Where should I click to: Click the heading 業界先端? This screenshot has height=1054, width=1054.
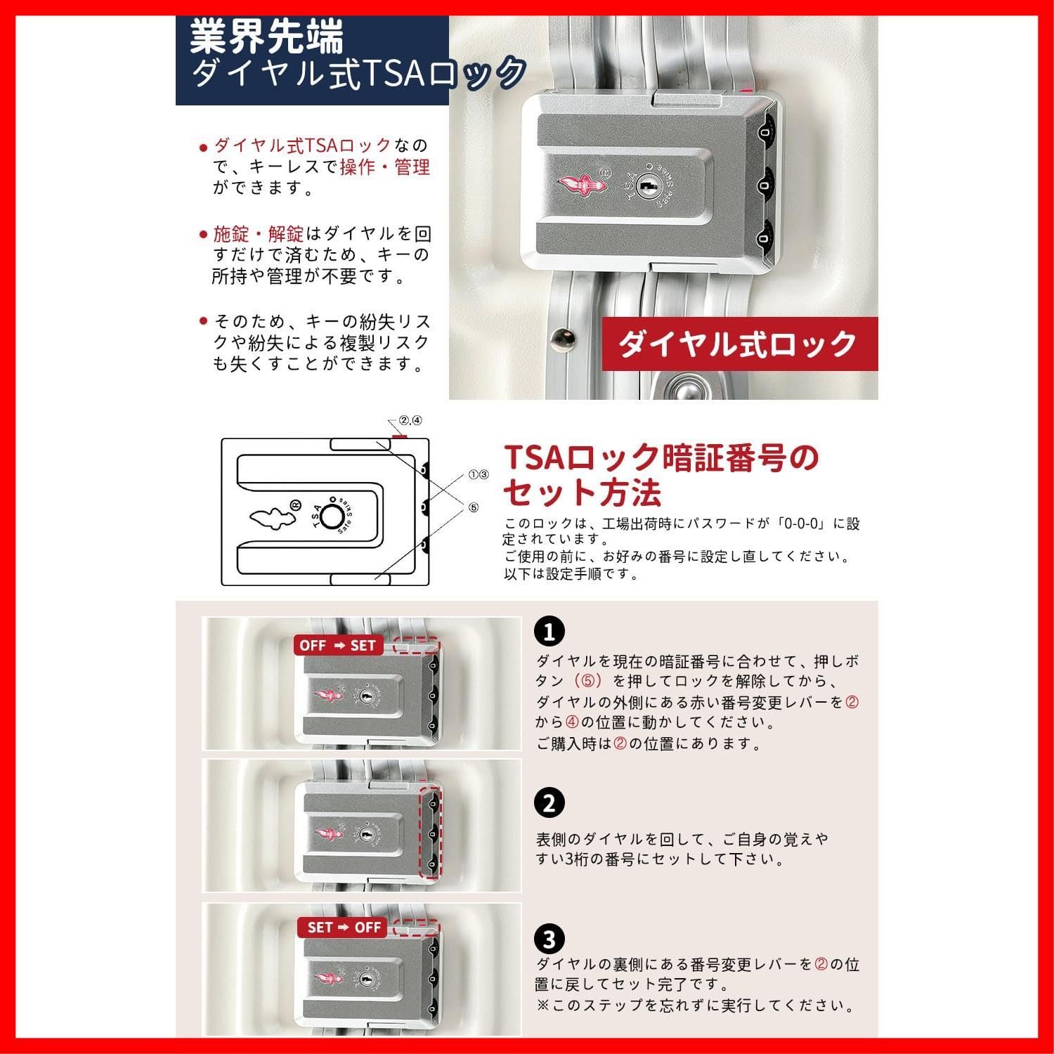[266, 37]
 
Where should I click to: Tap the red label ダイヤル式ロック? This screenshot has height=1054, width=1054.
[739, 344]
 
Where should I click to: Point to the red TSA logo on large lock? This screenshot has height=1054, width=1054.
[578, 185]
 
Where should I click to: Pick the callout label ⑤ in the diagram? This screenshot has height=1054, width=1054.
[473, 507]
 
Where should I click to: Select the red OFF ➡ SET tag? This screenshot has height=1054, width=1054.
[338, 645]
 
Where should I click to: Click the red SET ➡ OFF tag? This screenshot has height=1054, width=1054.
[343, 927]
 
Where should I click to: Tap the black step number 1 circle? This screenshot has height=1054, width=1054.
[549, 631]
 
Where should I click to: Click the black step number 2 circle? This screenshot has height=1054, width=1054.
[549, 803]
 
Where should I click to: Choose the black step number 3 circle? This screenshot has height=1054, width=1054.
[549, 939]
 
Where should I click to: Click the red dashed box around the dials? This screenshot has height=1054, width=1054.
[430, 833]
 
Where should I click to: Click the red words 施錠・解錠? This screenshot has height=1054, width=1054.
[259, 234]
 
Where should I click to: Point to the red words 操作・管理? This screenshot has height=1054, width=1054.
[384, 167]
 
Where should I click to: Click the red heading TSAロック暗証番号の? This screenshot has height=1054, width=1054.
[661, 457]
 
